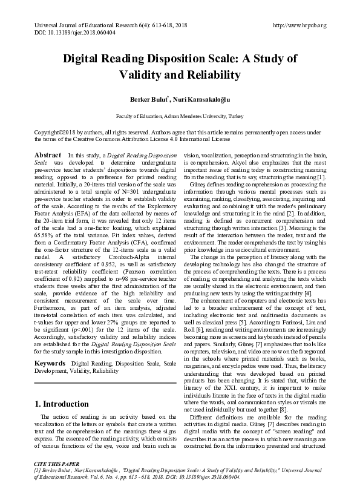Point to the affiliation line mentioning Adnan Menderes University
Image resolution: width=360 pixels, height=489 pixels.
(179, 115)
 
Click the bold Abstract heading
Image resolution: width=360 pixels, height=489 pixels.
(48, 156)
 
